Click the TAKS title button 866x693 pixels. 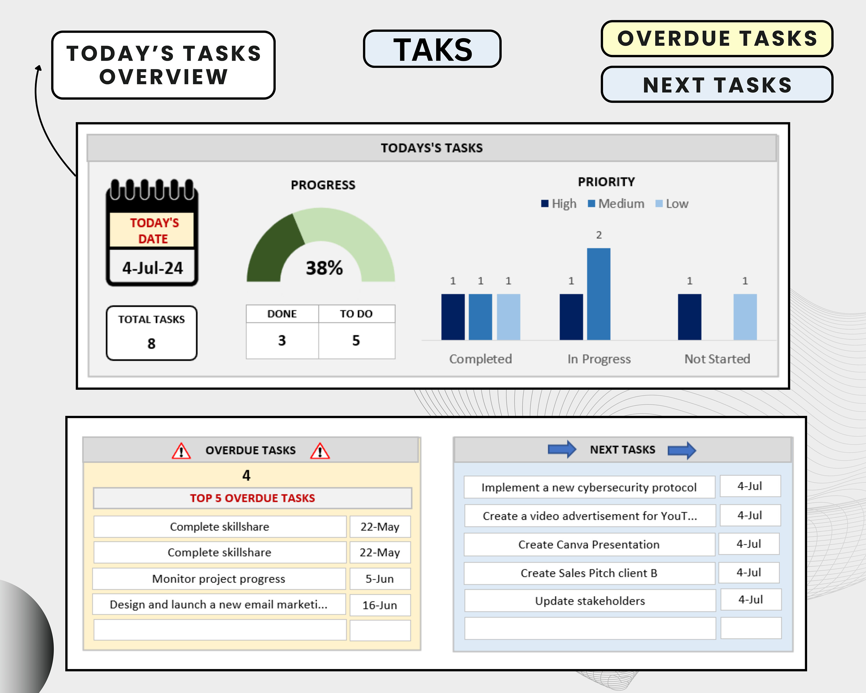432,49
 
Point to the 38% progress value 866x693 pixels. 324,268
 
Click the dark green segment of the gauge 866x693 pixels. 273,249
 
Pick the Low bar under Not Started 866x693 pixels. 745,317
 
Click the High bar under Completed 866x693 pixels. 453,317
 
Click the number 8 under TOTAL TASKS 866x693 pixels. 152,344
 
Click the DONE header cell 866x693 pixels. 282,314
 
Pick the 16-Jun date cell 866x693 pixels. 380,605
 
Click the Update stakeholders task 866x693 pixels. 590,601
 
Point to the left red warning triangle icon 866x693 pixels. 181,451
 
